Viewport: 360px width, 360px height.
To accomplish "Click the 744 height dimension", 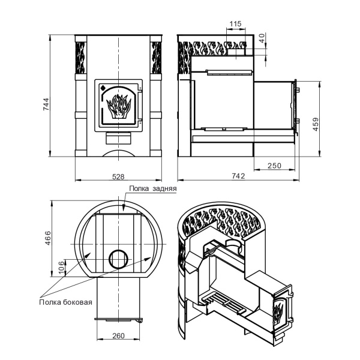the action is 46,104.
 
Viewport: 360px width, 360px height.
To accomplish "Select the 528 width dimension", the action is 118,176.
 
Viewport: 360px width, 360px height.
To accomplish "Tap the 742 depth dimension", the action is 238,176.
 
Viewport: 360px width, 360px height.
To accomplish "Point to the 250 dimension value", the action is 274,166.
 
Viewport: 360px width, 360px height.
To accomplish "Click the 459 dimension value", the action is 316,124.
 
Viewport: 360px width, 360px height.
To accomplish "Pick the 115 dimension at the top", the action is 236,23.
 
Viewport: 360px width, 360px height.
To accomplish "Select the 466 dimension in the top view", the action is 48,238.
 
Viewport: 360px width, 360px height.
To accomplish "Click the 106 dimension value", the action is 61,268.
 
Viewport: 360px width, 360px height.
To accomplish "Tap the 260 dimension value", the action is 118,335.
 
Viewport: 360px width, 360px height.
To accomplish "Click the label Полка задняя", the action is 153,188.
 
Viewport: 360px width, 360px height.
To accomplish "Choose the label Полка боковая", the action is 65,302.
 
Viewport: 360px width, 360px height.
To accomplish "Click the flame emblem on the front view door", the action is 119,106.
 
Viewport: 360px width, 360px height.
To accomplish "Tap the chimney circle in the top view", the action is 118,259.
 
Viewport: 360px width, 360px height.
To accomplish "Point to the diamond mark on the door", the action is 103,88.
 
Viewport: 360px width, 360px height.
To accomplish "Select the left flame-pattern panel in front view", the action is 81,58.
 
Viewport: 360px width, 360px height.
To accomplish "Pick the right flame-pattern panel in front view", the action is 157,58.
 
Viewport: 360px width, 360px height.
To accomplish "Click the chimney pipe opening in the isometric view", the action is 235,244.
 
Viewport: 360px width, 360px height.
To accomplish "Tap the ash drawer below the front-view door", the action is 118,139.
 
